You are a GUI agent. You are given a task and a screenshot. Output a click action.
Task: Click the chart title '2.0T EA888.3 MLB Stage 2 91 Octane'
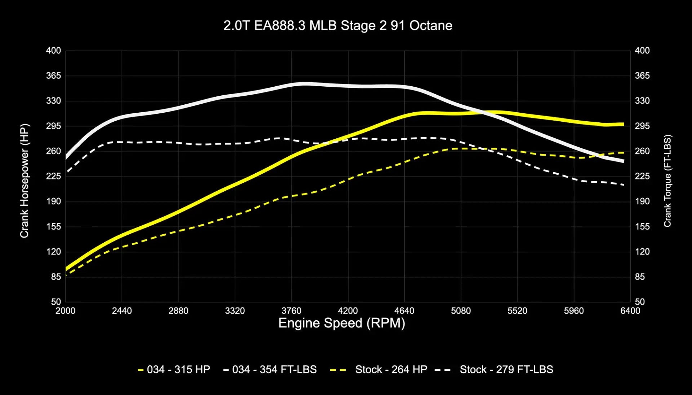click(x=338, y=26)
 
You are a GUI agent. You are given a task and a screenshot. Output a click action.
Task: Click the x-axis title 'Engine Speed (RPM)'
click(x=342, y=323)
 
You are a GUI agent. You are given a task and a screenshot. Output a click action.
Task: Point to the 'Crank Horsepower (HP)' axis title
click(x=24, y=181)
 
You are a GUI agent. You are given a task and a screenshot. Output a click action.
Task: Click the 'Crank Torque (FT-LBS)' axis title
click(x=667, y=181)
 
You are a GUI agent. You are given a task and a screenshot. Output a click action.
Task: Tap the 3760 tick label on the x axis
click(x=291, y=311)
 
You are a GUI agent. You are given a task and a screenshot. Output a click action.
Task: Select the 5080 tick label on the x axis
click(x=461, y=311)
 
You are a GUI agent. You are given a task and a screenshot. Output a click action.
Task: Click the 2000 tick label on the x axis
click(x=65, y=311)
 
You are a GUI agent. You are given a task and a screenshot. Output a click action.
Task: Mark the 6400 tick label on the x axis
click(x=630, y=311)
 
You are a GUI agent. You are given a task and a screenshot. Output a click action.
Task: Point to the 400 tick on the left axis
click(x=53, y=51)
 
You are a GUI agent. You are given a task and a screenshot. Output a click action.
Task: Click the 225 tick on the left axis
click(x=53, y=176)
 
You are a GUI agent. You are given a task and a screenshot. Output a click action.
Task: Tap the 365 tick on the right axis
click(x=642, y=76)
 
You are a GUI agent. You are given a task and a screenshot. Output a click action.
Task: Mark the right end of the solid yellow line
click(x=623, y=124)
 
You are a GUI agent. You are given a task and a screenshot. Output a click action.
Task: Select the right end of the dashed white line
click(x=624, y=185)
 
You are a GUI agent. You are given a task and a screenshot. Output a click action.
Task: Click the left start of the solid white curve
click(x=66, y=158)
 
